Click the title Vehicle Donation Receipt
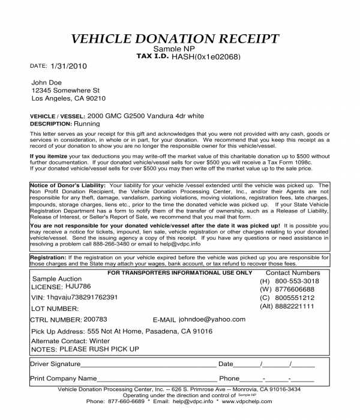coord(175,39)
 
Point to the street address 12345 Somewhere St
coord(65,90)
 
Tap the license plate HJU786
coord(77,287)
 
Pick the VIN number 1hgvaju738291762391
coord(83,297)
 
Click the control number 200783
coord(95,320)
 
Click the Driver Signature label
coord(55,364)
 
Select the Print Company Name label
coord(63,379)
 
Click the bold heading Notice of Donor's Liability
coord(68,186)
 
